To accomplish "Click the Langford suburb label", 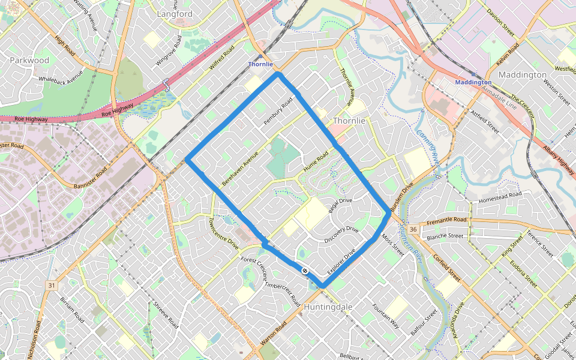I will (175, 13).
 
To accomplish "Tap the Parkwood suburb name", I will (29, 60).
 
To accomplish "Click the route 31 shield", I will (52, 285).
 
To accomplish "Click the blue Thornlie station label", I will (260, 64).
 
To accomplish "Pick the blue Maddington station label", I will (473, 82).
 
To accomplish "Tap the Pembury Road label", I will (277, 112).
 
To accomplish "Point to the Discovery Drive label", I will (341, 235).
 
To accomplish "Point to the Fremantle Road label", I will (446, 222).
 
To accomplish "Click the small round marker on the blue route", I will (305, 271).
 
